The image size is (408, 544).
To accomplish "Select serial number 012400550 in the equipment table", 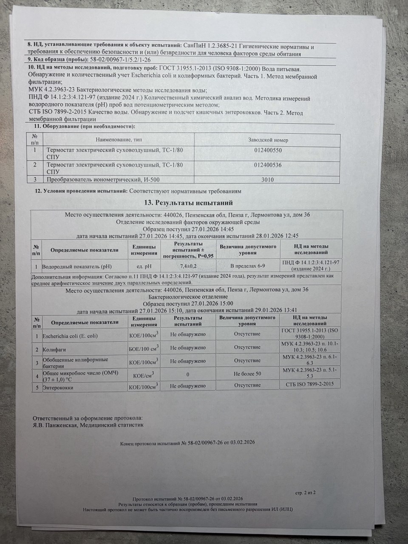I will pos(268,150).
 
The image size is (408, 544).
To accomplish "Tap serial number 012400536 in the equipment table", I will pos(268,165).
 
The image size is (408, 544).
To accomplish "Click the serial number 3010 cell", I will pos(268,180).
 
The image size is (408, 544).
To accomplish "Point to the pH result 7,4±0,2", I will pos(189,266).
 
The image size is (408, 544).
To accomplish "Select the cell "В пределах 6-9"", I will pos(248,266).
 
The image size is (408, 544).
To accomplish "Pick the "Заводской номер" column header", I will pos(268,140).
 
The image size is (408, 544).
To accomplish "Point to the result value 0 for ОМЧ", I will pos(188,374).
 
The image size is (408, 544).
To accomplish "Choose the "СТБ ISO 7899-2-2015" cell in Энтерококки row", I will pos(310,385).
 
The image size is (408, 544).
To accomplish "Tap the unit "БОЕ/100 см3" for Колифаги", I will pos(144,348).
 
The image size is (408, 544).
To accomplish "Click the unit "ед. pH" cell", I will pos(144,266).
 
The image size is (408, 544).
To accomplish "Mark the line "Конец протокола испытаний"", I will pos(187,443).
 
